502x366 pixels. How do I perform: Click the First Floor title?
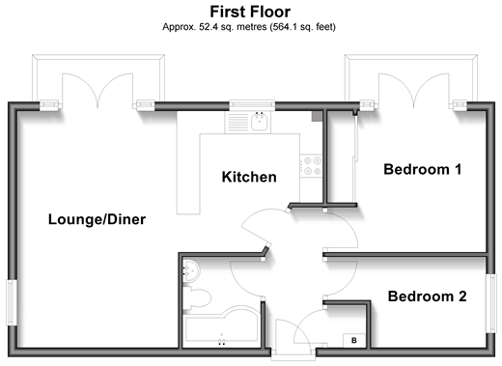[x=250, y=12]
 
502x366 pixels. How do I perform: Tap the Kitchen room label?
[x=249, y=177]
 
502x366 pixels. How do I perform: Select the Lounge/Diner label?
[x=97, y=219]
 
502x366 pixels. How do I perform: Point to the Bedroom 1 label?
[x=423, y=169]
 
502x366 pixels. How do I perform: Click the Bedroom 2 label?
[x=427, y=296]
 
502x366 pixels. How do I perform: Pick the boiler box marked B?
[x=354, y=341]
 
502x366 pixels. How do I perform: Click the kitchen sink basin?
[x=259, y=122]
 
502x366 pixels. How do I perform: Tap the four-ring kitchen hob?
[x=311, y=165]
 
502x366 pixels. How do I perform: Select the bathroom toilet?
[x=197, y=298]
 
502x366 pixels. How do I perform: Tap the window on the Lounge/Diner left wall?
[x=12, y=302]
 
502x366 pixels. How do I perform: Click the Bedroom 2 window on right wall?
[x=490, y=303]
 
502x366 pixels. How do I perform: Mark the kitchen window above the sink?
[x=252, y=105]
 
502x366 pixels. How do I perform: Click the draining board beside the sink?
[x=238, y=122]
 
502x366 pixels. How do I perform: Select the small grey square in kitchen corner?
[x=317, y=116]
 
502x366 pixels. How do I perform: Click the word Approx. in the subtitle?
[x=179, y=27]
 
